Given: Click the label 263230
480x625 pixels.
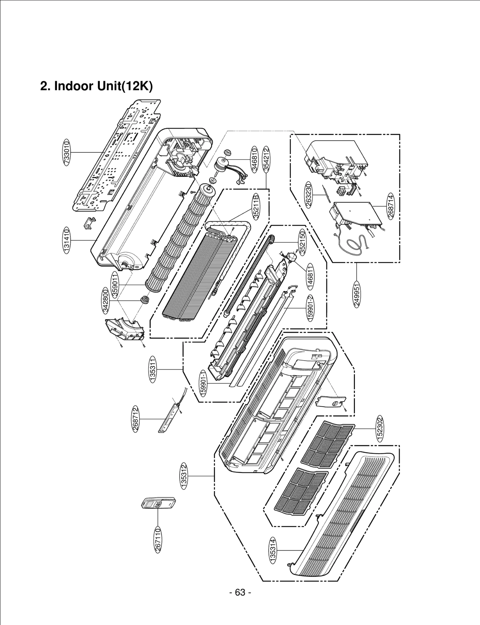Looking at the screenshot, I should point(309,195).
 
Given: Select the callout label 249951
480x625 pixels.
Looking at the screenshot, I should point(356,294).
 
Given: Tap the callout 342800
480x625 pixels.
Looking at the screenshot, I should point(106,300).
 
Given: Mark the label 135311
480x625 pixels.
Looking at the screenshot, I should point(153,369).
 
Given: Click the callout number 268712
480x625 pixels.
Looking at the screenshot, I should point(136,419).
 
